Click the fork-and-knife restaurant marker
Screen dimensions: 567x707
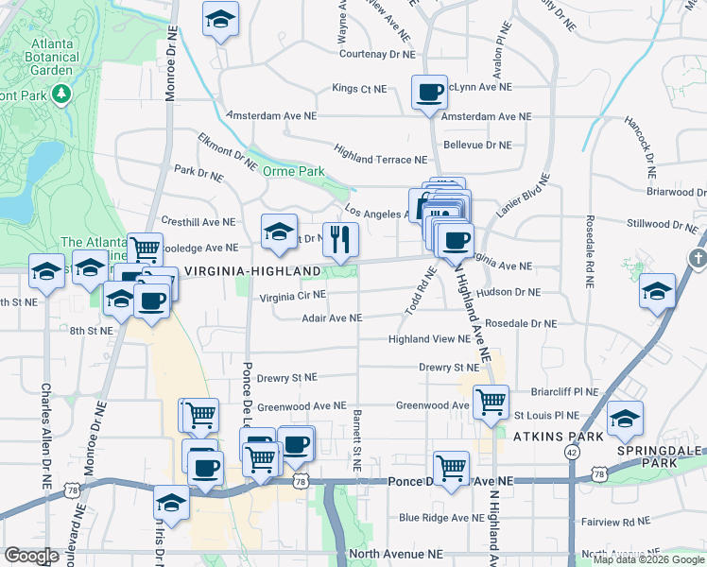[x=340, y=240]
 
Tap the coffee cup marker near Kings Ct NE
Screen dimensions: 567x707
[x=430, y=93]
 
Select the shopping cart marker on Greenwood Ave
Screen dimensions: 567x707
[x=491, y=403]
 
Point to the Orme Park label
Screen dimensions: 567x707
[x=293, y=171]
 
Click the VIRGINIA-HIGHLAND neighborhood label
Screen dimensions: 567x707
[x=252, y=271]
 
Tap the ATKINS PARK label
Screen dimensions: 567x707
[x=551, y=437]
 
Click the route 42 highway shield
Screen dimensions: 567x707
[x=572, y=452]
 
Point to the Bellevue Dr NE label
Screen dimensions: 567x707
[x=477, y=145]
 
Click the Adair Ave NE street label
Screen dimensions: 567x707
[x=331, y=318]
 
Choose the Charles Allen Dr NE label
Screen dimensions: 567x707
[x=45, y=435]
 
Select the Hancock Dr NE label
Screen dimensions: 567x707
[x=639, y=147]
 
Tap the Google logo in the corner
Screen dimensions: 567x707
[x=31, y=556]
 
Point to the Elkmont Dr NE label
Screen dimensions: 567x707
[x=227, y=150]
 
